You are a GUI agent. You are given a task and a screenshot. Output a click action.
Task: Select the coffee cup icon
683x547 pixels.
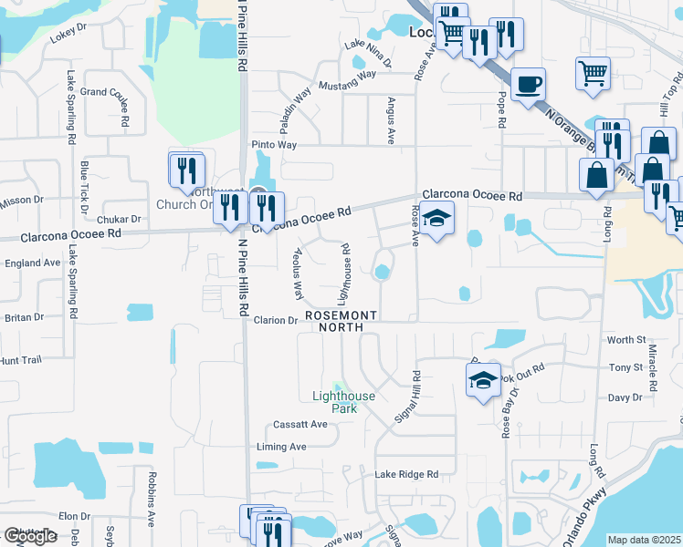(x=528, y=84)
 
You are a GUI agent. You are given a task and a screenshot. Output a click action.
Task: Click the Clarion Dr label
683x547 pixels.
(x=276, y=320)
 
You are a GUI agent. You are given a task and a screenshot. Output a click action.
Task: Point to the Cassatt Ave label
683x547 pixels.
(x=299, y=425)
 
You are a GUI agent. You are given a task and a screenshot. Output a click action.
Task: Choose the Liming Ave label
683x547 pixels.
(x=281, y=447)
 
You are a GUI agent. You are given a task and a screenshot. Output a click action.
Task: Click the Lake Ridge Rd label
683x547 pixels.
(x=406, y=474)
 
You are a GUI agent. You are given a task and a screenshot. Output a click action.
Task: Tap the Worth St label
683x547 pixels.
(x=626, y=340)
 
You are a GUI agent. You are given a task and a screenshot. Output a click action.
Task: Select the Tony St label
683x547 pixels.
(x=626, y=367)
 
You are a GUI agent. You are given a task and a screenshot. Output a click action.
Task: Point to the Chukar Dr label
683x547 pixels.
(x=122, y=219)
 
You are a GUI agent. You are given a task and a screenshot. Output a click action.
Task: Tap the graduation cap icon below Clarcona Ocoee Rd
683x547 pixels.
(x=437, y=218)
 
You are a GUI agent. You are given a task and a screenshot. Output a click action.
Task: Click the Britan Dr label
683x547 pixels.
(x=24, y=317)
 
